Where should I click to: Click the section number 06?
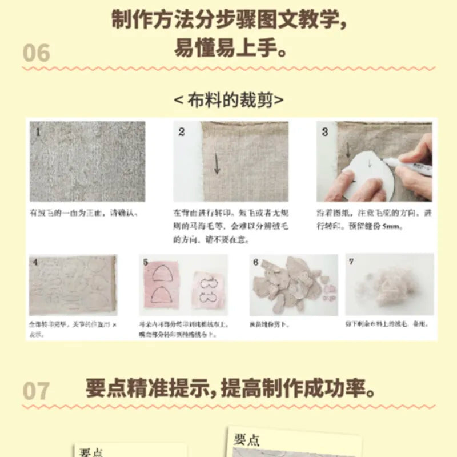pos(37,53)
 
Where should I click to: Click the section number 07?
pos(36,391)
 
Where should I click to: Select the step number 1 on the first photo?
pos(38,132)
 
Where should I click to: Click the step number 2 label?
pos(182,132)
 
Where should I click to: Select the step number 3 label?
pos(325,132)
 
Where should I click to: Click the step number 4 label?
pos(35,263)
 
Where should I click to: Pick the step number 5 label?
pos(146,262)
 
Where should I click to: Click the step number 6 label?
pos(256,262)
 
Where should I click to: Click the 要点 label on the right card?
pos(247,439)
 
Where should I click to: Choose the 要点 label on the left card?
pos(90,452)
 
